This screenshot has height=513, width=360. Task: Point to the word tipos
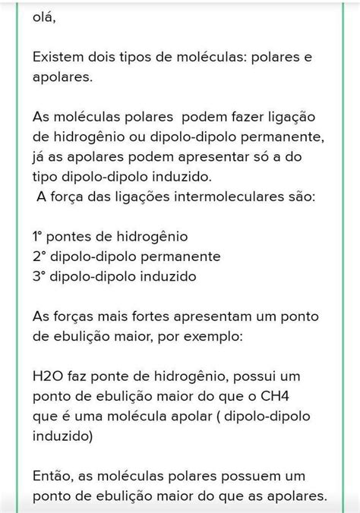coord(155,57)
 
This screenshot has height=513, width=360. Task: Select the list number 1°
coord(39,236)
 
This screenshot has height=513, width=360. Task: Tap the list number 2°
coord(40,256)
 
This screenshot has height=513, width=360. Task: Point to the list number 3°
coord(40,276)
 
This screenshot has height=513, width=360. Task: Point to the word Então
coord(55,476)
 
